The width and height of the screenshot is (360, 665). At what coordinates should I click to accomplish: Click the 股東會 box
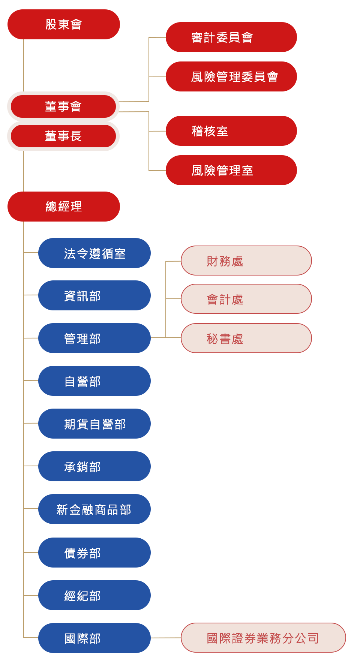64,24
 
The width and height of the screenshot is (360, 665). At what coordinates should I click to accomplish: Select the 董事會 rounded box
63,106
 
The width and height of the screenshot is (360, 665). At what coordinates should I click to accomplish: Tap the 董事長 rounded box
63,136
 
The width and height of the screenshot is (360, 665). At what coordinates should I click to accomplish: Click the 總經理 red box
64,207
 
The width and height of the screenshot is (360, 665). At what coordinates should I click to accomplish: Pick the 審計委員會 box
231,37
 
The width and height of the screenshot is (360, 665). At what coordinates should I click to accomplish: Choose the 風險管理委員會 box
231,76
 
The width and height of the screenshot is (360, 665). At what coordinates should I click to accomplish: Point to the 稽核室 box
231,131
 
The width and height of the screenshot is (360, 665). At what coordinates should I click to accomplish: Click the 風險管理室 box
231,170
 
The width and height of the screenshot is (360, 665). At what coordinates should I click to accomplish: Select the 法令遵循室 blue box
94,253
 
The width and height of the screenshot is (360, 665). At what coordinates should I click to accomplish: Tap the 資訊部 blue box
94,295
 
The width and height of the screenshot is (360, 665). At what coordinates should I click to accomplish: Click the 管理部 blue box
94,338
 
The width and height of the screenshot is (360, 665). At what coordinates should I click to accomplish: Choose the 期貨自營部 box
94,424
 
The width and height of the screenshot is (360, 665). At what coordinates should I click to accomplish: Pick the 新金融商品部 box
94,509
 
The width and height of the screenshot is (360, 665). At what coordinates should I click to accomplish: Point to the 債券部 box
94,553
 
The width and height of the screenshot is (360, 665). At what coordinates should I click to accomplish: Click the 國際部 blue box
94,638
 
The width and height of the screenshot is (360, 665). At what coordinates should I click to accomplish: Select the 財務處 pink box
246,261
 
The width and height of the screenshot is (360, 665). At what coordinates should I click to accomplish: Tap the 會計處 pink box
246,299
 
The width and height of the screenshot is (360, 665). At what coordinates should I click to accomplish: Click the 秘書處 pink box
246,338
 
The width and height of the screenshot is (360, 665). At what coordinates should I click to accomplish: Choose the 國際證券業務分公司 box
262,638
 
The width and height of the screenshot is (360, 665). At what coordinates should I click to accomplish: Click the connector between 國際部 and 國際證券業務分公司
166,638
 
